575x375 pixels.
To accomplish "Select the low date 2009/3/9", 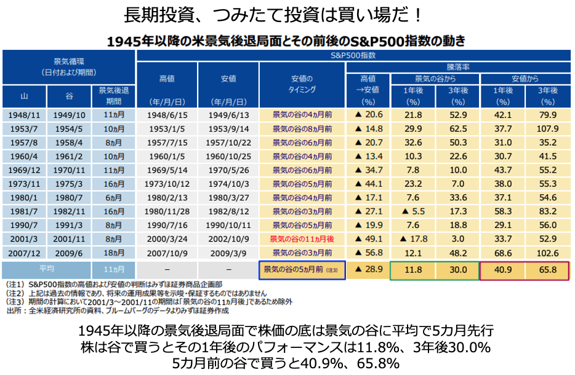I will (228, 253).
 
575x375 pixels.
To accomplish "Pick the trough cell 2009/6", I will (68, 253).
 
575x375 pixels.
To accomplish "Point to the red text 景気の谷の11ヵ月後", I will (302, 239).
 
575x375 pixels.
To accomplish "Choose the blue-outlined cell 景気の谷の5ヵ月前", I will (302, 269).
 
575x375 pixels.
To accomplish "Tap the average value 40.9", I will (504, 269).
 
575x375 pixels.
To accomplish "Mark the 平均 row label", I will (46, 269).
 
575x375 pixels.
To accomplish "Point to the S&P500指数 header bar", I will (353, 55).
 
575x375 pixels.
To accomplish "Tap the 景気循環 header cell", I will (68, 66).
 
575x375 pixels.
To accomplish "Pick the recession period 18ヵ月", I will (113, 253).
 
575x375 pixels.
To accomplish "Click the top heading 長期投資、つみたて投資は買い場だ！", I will (287, 14).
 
